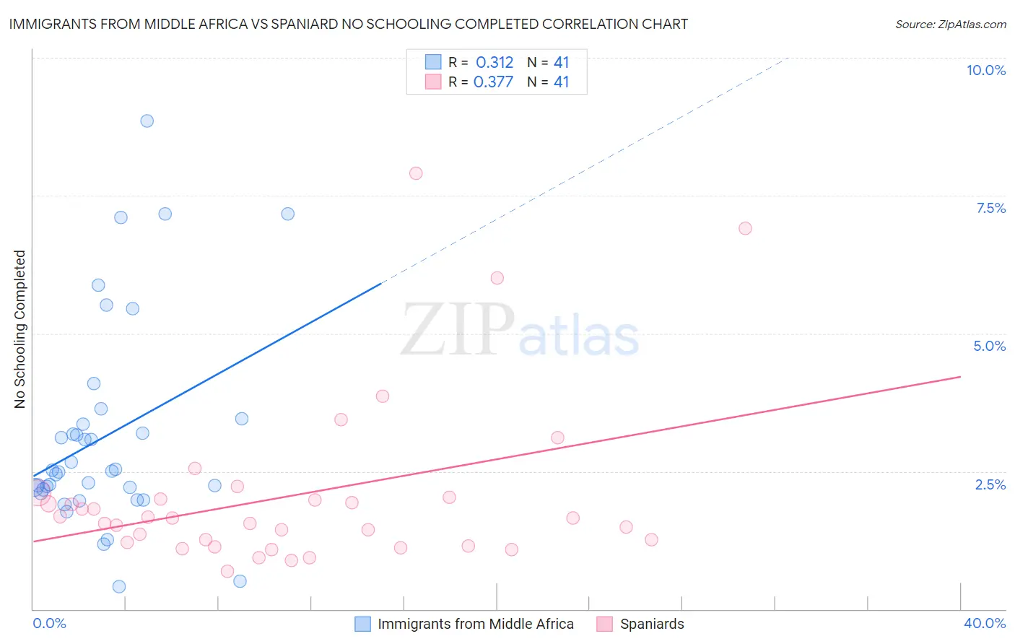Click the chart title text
[348, 24]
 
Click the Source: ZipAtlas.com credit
[950, 24]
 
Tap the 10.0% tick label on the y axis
[985, 70]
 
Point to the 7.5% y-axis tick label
[990, 208]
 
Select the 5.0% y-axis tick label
[989, 346]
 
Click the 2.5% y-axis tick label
[990, 484]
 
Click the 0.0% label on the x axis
[49, 623]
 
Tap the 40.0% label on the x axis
[984, 623]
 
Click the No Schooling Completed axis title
[20, 329]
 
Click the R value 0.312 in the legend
[495, 63]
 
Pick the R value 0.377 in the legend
[493, 82]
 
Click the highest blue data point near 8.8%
[147, 121]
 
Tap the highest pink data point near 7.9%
[416, 173]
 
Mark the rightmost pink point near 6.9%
[745, 228]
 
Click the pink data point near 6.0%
[497, 278]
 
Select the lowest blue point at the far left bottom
[119, 586]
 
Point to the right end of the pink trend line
[960, 377]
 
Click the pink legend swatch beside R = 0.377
[433, 82]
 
